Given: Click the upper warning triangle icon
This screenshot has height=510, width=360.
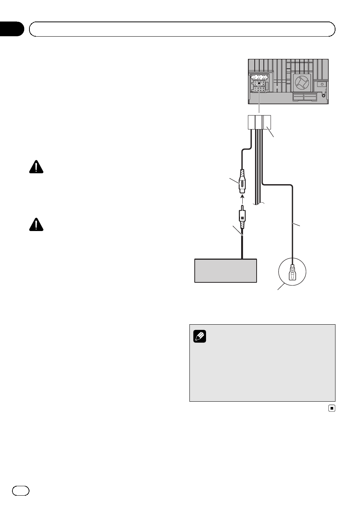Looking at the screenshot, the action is click(x=36, y=167).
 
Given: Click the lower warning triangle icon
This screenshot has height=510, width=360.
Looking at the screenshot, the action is click(x=36, y=224).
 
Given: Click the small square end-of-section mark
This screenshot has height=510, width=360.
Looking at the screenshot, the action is click(x=332, y=408).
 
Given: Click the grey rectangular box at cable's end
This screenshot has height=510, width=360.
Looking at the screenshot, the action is click(x=225, y=270).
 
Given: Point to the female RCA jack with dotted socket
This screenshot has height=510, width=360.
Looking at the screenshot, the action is click(x=243, y=183).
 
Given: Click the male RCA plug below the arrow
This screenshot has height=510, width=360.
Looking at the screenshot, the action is click(x=243, y=218).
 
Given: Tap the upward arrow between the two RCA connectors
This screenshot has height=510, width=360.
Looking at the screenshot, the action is click(x=243, y=197).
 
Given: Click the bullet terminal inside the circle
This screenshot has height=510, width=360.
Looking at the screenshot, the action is click(x=292, y=273).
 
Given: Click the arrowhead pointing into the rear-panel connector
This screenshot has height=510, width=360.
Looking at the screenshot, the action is click(x=259, y=82).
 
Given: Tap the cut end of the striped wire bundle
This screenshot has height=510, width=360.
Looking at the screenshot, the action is click(x=259, y=203).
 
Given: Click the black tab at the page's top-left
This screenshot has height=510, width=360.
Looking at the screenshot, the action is click(x=11, y=29).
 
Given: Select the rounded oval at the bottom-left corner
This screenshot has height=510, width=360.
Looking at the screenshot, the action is click(x=21, y=490).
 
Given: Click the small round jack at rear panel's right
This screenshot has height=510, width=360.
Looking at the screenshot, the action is click(x=322, y=84).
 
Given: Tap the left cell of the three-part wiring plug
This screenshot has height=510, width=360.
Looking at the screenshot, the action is click(x=251, y=122).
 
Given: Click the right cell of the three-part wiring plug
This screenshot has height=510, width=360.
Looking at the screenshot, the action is click(x=267, y=122).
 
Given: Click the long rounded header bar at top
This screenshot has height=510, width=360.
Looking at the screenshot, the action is click(x=182, y=29).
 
